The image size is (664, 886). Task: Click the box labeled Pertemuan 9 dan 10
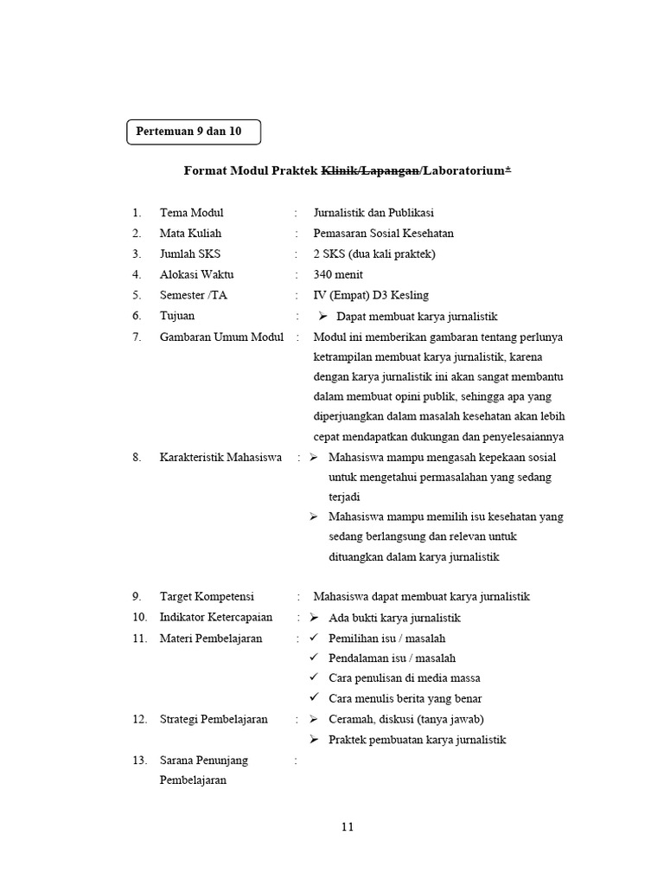[x=193, y=132]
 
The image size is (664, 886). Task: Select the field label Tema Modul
[x=191, y=213]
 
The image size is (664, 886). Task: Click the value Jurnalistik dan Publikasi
[x=373, y=213]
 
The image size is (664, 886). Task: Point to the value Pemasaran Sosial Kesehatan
[x=383, y=234]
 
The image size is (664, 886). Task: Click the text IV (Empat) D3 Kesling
[x=371, y=296]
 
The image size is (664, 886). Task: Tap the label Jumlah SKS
[x=190, y=254]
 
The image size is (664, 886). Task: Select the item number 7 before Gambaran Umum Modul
[x=137, y=337]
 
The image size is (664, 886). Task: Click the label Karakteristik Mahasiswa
[x=220, y=458]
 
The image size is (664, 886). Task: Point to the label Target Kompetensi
[x=207, y=597]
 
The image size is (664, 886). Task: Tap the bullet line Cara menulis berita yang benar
[x=405, y=699]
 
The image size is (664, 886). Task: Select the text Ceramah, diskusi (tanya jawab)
[x=406, y=720]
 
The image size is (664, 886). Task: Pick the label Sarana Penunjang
[x=203, y=761]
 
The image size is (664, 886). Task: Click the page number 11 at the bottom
[x=348, y=827]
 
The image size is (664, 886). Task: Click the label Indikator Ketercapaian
[x=215, y=618]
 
